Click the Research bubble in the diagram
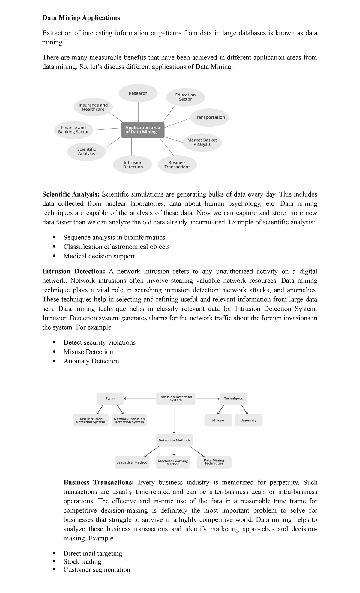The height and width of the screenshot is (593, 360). [x=138, y=93]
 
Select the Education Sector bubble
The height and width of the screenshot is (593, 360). [x=185, y=97]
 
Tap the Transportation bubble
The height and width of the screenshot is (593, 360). [x=209, y=117]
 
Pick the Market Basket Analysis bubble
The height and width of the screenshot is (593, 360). [x=202, y=142]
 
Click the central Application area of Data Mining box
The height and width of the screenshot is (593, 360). [x=143, y=130]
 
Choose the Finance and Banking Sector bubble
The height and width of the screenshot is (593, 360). [x=73, y=130]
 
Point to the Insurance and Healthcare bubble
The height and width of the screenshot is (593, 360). [x=93, y=107]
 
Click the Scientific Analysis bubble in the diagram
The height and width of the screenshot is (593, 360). [x=86, y=152]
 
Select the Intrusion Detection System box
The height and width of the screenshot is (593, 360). [x=175, y=399]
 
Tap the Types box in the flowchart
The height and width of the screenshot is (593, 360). [x=110, y=399]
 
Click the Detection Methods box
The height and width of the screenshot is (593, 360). [x=174, y=440]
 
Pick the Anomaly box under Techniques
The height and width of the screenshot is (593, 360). [x=249, y=420]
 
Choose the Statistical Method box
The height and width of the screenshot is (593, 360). [x=132, y=462]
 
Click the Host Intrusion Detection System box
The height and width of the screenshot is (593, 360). [x=91, y=420]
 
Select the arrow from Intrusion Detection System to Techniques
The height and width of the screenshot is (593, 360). [x=208, y=399]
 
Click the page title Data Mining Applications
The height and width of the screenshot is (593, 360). [x=81, y=18]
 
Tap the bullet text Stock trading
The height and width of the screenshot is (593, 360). [x=82, y=561]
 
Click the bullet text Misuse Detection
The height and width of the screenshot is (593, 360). [x=88, y=352]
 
